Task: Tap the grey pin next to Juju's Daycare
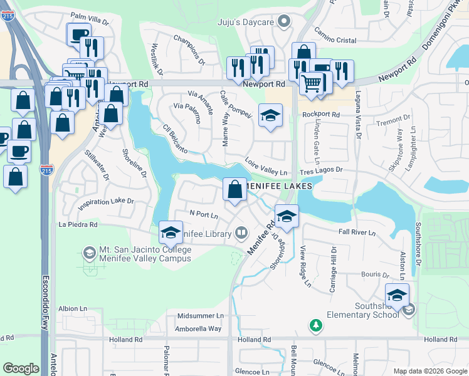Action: pyautogui.click(x=285, y=22)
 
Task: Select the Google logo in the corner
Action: pyautogui.click(x=21, y=368)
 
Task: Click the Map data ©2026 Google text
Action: pyautogui.click(x=430, y=371)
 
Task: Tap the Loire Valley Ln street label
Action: pyautogui.click(x=266, y=166)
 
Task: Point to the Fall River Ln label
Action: pyautogui.click(x=357, y=232)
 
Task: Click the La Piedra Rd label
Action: pyautogui.click(x=78, y=224)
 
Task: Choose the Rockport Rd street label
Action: pyautogui.click(x=320, y=115)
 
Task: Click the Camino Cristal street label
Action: pyautogui.click(x=335, y=38)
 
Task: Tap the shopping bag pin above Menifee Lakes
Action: pyautogui.click(x=234, y=189)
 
